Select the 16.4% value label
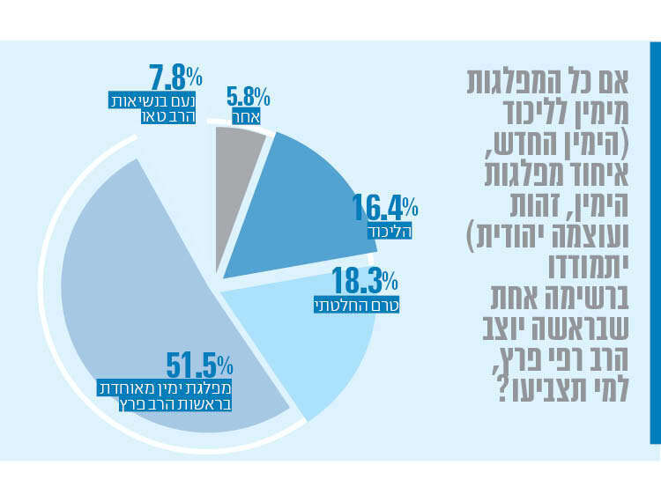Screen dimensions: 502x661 tap(384, 209)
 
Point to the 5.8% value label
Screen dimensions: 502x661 tap(248, 96)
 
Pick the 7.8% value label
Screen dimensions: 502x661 tap(171, 78)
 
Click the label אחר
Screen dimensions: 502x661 tap(246, 115)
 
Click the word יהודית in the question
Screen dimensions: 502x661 tap(529, 236)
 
